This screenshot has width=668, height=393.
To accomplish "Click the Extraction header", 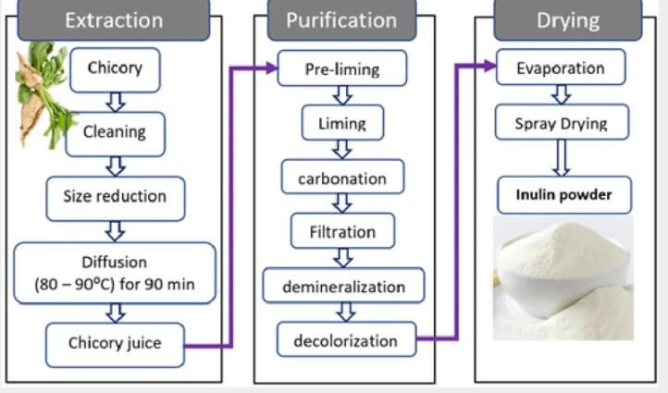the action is click(x=114, y=20).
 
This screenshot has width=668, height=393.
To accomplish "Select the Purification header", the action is click(x=341, y=20).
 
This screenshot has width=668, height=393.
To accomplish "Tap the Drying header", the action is click(x=568, y=20).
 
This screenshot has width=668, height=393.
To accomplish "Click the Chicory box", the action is click(x=115, y=70).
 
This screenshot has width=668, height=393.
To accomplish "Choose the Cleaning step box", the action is click(x=115, y=134).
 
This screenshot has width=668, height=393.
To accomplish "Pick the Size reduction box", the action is click(x=116, y=199).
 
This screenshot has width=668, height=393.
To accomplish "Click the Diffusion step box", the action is click(x=115, y=273).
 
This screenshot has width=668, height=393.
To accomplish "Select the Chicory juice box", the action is click(x=115, y=345).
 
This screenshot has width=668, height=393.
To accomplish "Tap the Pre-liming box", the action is click(x=342, y=68).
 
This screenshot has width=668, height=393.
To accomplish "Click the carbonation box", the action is click(x=342, y=177).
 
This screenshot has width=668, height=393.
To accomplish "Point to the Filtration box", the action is click(x=342, y=231).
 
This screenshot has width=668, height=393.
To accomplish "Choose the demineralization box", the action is click(x=344, y=286).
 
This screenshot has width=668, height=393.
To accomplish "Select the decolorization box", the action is click(x=346, y=339).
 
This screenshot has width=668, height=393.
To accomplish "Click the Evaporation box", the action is click(x=561, y=67).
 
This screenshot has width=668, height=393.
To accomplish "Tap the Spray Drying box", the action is click(x=562, y=122).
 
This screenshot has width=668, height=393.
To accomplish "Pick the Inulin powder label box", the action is click(x=564, y=195).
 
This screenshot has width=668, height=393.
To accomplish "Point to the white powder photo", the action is click(x=563, y=277).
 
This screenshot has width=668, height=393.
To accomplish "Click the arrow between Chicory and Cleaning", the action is click(x=116, y=103).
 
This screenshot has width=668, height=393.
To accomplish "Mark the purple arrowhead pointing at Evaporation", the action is click(x=490, y=66).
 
